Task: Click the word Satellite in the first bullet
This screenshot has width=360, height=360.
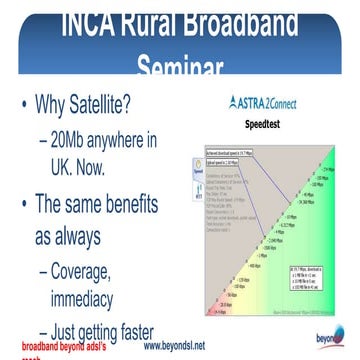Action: pos(127,105)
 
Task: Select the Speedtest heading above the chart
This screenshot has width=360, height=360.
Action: pos(275,126)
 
